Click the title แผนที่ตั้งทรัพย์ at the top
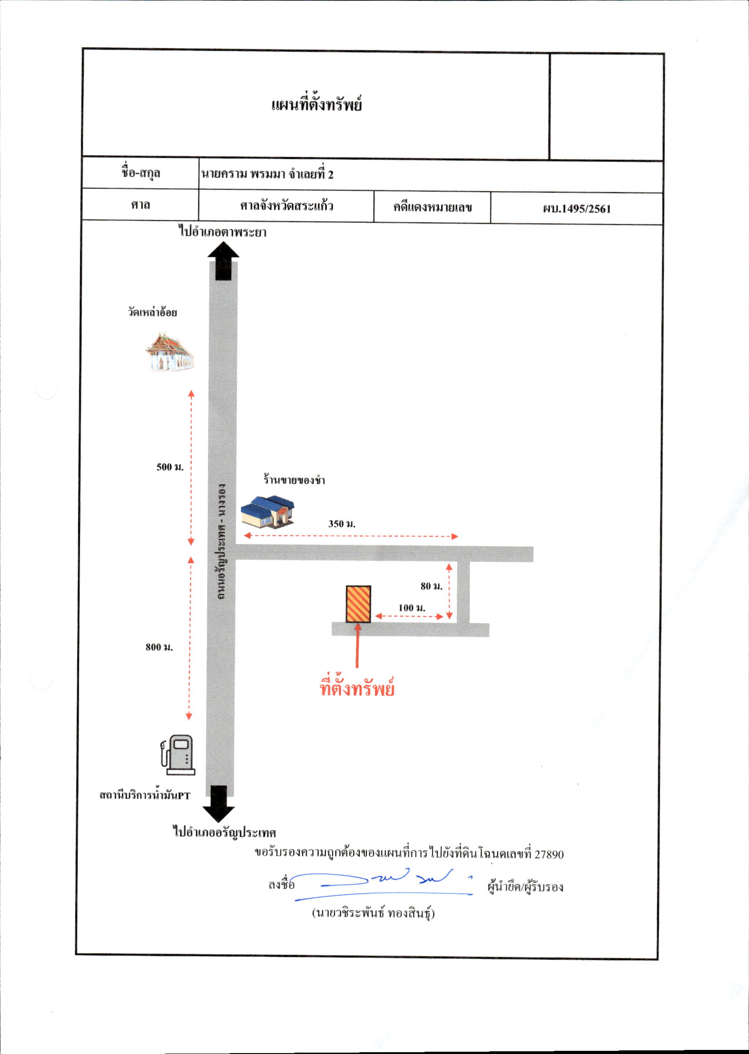tap(316, 104)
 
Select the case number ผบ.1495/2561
tap(576, 208)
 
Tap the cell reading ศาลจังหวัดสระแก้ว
tap(286, 205)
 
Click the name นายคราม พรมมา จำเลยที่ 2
tap(266, 174)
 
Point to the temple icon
tap(169, 352)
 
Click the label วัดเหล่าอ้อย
tap(152, 312)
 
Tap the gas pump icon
tap(178, 754)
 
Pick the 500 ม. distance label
tap(170, 467)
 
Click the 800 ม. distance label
tap(159, 647)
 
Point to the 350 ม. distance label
tap(342, 523)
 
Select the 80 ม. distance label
tap(431, 586)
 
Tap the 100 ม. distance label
tap(412, 608)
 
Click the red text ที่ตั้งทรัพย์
tap(357, 688)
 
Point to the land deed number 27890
tap(549, 854)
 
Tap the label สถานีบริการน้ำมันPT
tap(145, 795)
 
